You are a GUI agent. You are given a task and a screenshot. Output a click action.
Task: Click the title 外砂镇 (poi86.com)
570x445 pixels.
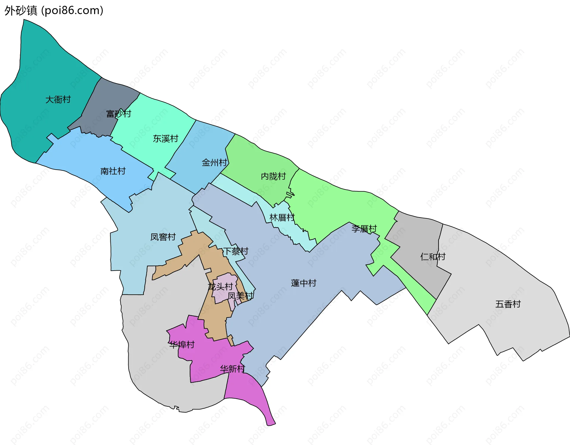tap(54, 10)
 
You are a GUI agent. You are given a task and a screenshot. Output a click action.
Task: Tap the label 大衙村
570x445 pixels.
tap(58, 100)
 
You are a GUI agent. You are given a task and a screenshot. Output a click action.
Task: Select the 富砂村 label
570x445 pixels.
tap(118, 114)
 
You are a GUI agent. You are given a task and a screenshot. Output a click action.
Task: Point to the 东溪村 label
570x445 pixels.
tap(165, 139)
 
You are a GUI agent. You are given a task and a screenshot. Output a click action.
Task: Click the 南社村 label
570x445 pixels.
tap(113, 171)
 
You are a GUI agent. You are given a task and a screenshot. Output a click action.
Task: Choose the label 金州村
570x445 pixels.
tap(214, 162)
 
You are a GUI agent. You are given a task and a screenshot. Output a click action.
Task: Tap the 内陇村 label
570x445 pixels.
tap(273, 176)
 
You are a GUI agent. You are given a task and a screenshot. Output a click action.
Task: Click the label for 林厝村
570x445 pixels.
tap(282, 218)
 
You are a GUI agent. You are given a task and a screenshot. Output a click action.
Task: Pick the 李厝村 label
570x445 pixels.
tap(364, 229)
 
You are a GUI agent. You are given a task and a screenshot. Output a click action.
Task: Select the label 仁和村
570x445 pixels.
tap(433, 257)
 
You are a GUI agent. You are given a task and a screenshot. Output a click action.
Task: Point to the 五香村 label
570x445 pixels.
tap(508, 304)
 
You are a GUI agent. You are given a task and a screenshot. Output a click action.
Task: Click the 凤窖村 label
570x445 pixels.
tap(163, 237)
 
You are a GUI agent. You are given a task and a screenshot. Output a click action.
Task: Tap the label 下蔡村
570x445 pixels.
tap(236, 251)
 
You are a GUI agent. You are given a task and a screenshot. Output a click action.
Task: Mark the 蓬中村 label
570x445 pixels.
tap(303, 283)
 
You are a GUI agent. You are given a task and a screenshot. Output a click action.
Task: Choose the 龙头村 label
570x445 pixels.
tap(220, 287)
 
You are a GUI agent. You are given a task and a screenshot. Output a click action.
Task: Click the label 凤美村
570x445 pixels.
tap(240, 296)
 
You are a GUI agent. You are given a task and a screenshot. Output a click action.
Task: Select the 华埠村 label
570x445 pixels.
tap(182, 345)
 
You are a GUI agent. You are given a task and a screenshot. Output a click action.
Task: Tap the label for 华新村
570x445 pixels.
tap(232, 369)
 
